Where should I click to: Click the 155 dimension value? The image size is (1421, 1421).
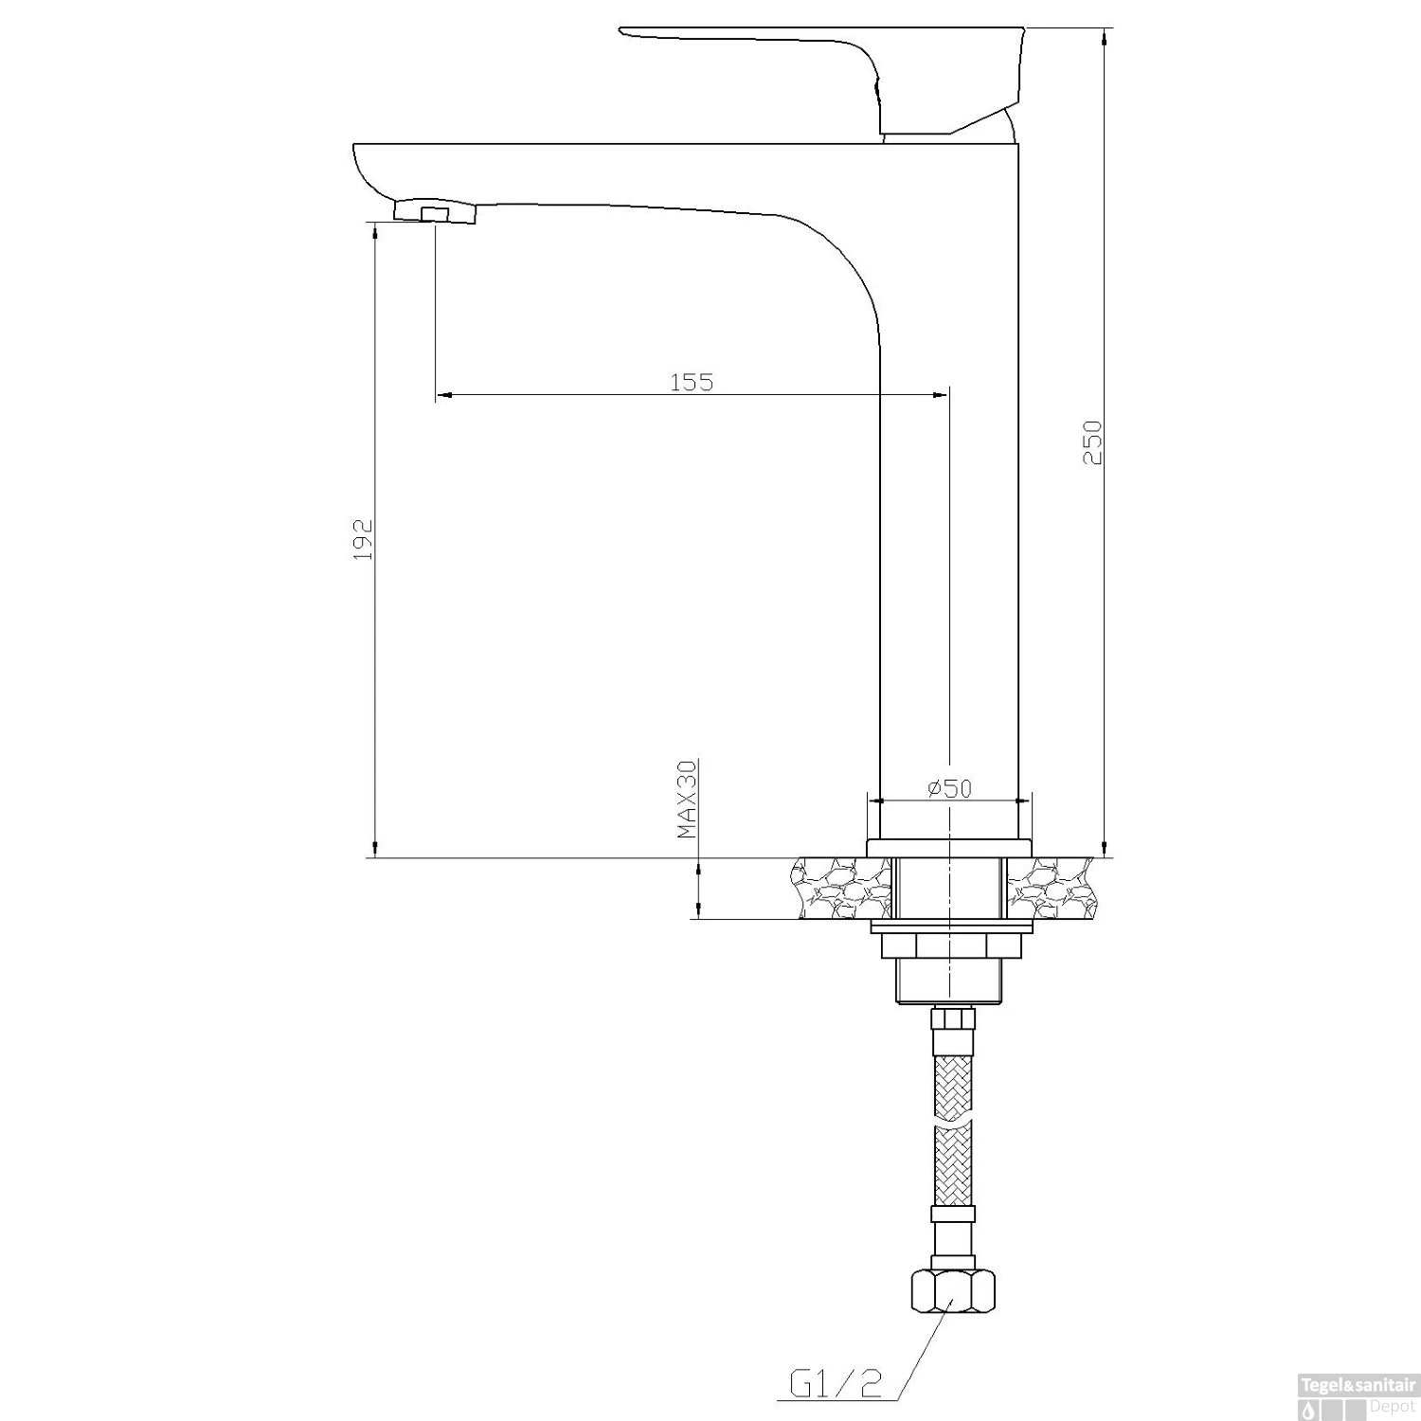coord(692,382)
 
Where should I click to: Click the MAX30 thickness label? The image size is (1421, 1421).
coord(688,799)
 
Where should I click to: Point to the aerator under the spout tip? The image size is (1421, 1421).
coord(435,211)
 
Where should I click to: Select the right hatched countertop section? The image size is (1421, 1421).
coord(1049,888)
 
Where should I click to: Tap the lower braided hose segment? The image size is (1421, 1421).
coord(952,1165)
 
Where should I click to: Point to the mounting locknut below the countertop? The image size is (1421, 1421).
coord(947,945)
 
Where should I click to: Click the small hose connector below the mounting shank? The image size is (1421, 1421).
coord(952,1019)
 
